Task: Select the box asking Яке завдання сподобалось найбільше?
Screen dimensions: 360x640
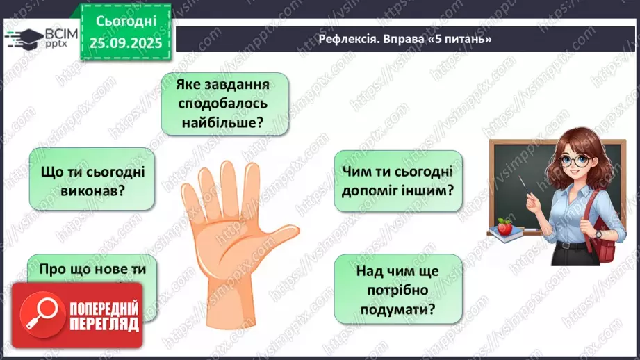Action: [x=224, y=104]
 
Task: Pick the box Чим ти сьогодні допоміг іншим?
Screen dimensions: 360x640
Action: [x=398, y=181]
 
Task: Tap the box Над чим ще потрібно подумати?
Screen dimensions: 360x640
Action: [x=398, y=288]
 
